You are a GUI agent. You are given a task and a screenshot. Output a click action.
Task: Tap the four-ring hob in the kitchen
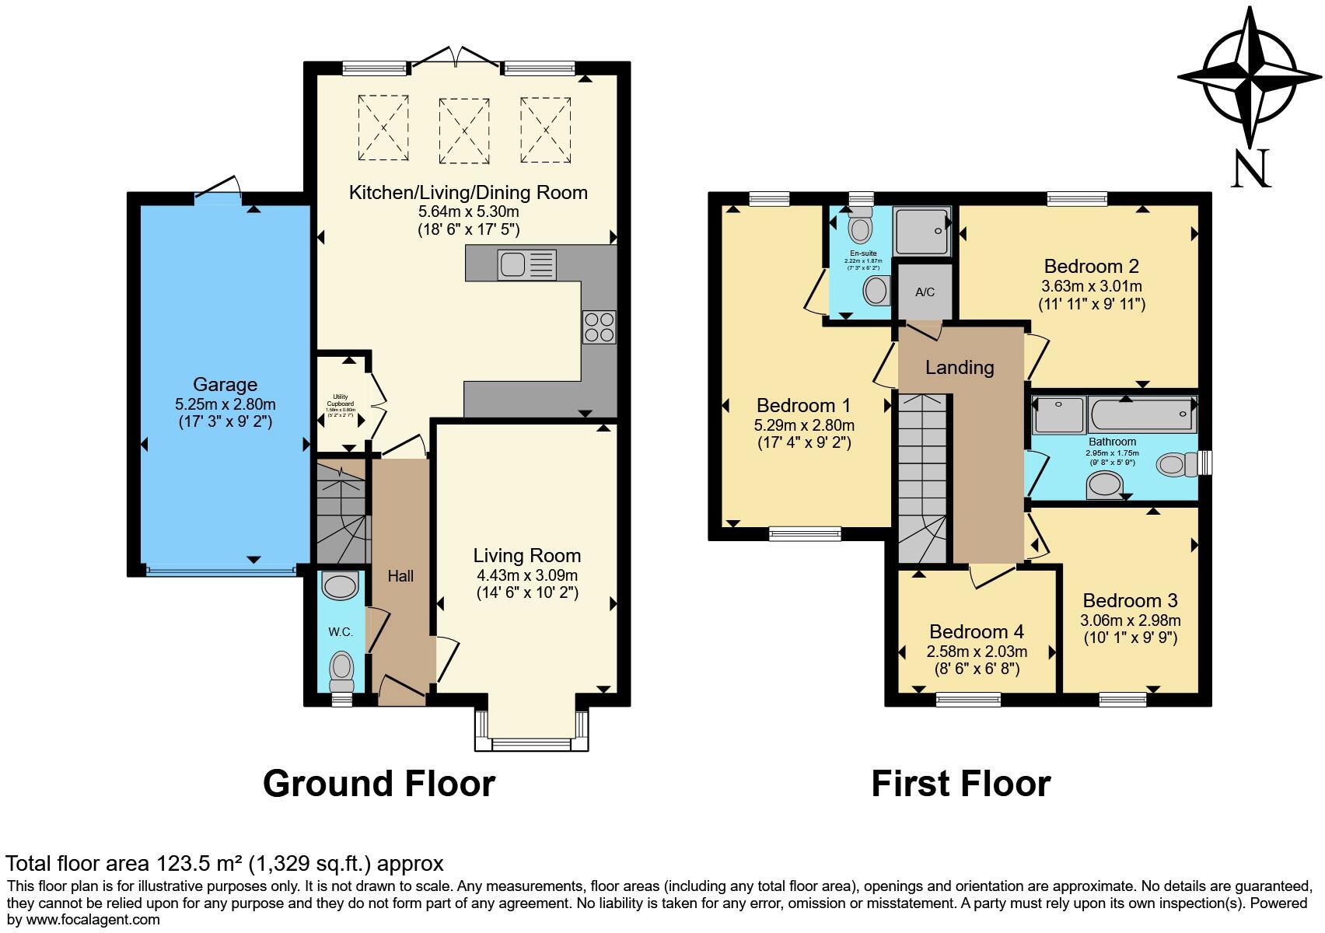[599, 327]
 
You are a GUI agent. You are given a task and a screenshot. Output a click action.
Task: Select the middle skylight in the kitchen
[463, 131]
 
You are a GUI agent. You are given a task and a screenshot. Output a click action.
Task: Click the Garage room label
[225, 384]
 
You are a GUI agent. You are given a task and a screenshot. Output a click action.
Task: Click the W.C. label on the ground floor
[341, 632]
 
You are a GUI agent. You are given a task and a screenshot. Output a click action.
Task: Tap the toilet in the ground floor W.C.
[341, 670]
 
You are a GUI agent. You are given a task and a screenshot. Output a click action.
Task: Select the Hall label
[400, 576]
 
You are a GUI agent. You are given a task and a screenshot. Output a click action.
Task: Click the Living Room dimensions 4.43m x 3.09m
[526, 575]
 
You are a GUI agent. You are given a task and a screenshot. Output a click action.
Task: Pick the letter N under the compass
[1250, 168]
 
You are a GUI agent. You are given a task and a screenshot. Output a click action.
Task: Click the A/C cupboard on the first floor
[925, 292]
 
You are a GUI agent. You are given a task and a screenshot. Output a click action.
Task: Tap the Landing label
[960, 367]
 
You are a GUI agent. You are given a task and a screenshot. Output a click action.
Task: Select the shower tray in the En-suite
[921, 231]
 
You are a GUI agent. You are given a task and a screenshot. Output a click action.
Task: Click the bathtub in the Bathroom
[1141, 415]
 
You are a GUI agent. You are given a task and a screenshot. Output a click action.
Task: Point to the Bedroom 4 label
[976, 631]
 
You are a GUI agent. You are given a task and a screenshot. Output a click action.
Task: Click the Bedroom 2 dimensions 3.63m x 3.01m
[1091, 286]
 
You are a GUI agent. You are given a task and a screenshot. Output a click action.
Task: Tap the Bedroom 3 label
[1130, 600]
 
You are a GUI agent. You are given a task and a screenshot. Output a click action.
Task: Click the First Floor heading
[960, 783]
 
